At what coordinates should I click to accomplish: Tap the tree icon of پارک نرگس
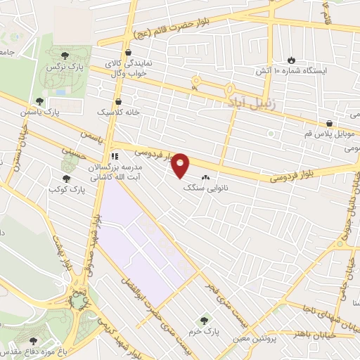tap(65, 53)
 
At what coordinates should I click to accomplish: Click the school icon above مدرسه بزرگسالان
tap(113, 156)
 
